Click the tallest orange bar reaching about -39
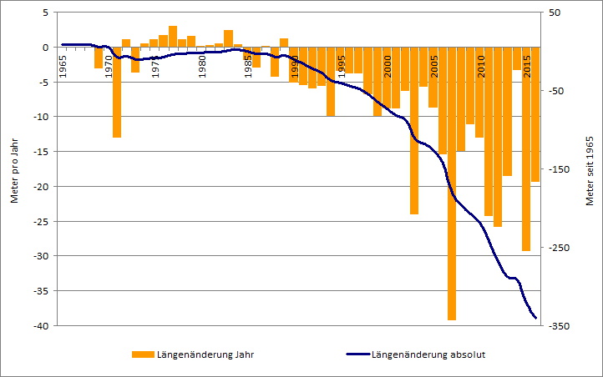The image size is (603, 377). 452,183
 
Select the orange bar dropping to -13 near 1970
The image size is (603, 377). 117,92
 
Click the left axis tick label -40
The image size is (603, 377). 38,325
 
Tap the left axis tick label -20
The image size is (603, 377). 38,186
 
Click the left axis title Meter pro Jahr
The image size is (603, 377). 14,169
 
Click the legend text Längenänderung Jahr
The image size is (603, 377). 206,354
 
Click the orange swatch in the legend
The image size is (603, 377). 143,354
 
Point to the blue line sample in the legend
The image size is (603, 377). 357,354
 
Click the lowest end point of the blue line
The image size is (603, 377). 535,318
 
